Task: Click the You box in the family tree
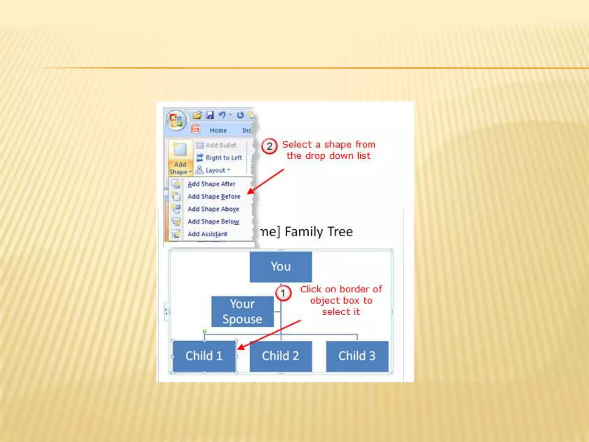coord(280,266)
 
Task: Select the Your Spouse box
coord(242,312)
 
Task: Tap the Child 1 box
coord(204,356)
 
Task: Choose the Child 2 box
coord(280,356)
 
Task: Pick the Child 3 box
coord(357,356)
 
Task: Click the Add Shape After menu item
coord(211,184)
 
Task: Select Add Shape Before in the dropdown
coord(214,197)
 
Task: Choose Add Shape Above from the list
coord(213,209)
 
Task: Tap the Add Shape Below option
coord(213,222)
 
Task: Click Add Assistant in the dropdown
coord(207,234)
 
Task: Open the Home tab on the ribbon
coord(218,130)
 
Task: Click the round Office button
coord(176,121)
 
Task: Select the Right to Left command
coord(223,158)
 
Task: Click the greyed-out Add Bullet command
coord(221,145)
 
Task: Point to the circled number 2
coord(269,146)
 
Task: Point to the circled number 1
coord(283,293)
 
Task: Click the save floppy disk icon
coord(210,115)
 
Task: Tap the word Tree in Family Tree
coord(340,232)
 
